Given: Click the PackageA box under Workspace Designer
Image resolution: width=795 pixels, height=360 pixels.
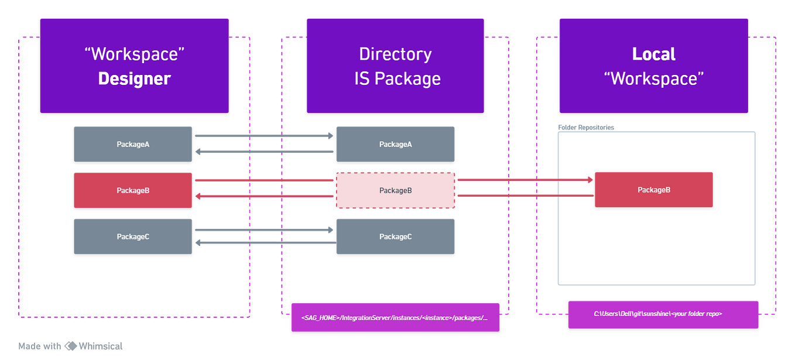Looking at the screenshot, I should (x=133, y=144).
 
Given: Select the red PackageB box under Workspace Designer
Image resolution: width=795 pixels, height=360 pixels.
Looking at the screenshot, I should (x=133, y=190).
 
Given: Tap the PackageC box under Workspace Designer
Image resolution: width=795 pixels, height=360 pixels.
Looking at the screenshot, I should (x=133, y=236).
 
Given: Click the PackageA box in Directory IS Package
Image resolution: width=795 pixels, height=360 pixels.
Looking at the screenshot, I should (x=395, y=144).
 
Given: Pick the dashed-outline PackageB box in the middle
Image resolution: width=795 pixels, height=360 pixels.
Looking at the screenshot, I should (x=395, y=190).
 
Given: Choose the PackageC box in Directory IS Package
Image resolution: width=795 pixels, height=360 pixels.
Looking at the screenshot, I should (x=395, y=236).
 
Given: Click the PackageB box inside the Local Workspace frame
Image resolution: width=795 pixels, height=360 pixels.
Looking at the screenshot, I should (x=653, y=190).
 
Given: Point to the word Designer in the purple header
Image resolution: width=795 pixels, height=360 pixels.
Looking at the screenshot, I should (x=134, y=78).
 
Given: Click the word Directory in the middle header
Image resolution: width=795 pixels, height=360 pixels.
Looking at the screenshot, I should (x=395, y=54).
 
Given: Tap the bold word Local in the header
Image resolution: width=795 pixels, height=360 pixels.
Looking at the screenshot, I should (x=653, y=54).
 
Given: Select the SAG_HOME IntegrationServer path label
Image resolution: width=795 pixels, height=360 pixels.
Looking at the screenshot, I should (x=395, y=317).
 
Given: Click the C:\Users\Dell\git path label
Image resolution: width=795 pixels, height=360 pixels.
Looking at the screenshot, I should (x=663, y=314).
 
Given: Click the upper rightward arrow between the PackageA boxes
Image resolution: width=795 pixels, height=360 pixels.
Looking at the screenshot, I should (x=263, y=136).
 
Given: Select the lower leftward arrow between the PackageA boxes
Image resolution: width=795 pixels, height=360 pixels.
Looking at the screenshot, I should (x=263, y=152).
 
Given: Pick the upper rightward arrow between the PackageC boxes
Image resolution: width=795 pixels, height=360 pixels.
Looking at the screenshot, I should (x=263, y=229).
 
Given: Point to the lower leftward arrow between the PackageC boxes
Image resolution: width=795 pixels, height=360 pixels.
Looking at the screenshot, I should (x=263, y=242).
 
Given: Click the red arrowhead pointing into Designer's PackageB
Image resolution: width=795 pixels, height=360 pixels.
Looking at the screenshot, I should (x=199, y=197).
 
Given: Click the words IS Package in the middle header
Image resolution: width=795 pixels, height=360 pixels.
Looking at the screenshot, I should (x=397, y=78).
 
